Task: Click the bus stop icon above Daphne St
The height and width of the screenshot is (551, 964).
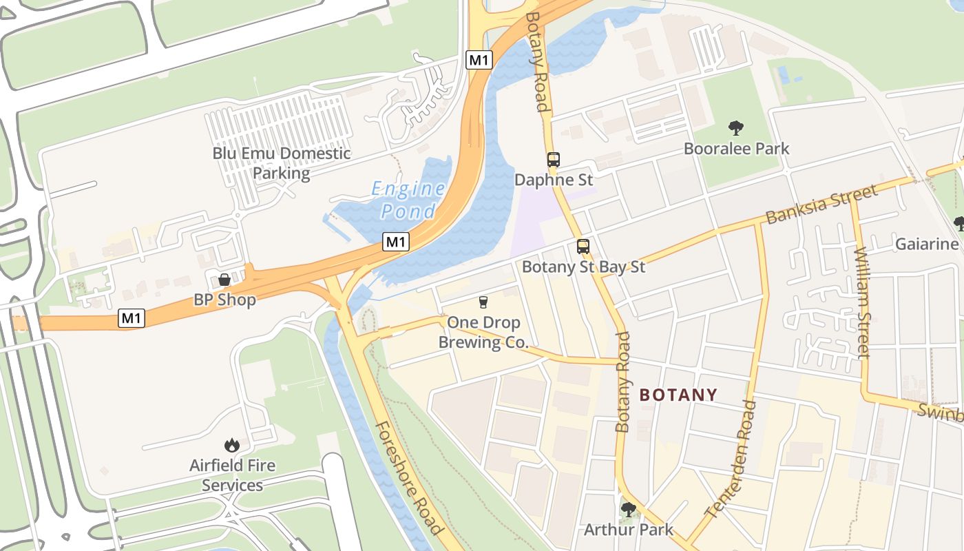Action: click(x=554, y=160)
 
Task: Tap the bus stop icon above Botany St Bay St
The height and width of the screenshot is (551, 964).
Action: click(x=583, y=247)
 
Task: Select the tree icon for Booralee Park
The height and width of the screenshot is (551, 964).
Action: click(x=736, y=128)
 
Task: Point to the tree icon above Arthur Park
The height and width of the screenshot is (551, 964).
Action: click(x=628, y=510)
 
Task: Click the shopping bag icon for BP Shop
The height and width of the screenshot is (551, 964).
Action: click(x=224, y=280)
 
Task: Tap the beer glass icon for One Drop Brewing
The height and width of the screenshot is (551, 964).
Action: click(x=483, y=302)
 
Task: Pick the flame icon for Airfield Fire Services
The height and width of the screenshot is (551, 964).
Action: click(x=232, y=446)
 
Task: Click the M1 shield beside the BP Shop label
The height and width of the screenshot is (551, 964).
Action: click(x=132, y=318)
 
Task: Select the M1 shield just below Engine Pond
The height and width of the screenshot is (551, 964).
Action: click(x=396, y=242)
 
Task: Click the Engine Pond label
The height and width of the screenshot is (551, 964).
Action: click(x=408, y=200)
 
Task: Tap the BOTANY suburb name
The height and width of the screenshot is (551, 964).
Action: click(x=678, y=395)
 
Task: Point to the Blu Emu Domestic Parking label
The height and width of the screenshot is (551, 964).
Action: click(x=281, y=163)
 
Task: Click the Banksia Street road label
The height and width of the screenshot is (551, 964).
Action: click(x=821, y=204)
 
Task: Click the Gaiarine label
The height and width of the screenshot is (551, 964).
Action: click(x=926, y=244)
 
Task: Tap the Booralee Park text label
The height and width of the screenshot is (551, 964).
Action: click(x=736, y=149)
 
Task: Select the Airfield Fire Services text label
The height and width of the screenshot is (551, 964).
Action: click(x=232, y=475)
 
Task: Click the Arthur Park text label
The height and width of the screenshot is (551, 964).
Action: click(x=628, y=530)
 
